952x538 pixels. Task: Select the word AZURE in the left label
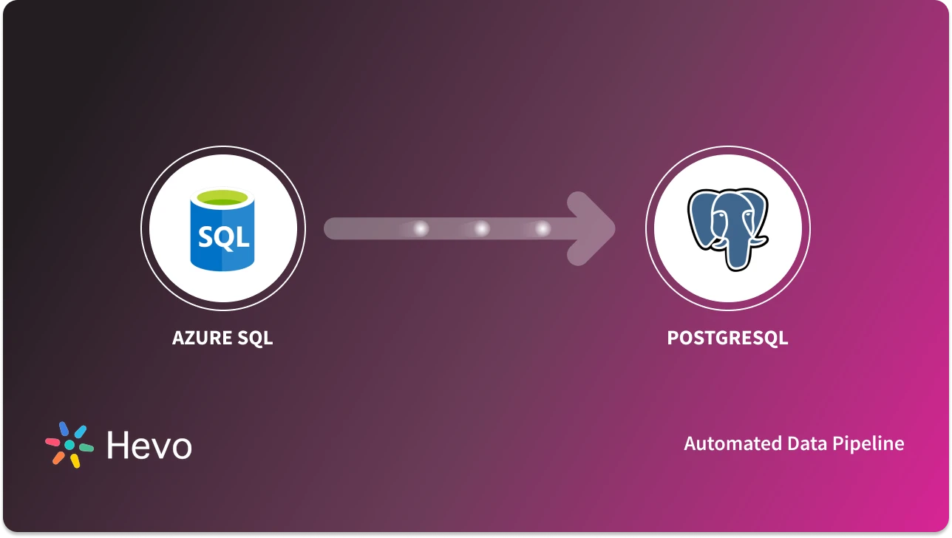click(x=202, y=338)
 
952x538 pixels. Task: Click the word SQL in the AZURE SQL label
click(x=255, y=338)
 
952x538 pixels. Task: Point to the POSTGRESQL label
click(x=727, y=338)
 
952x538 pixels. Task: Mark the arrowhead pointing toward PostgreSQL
click(x=595, y=228)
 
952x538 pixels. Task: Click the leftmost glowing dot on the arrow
click(x=421, y=229)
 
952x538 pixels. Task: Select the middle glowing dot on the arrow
click(x=482, y=229)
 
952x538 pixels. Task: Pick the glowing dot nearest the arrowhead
click(x=543, y=229)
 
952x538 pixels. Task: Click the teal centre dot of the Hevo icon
click(x=69, y=445)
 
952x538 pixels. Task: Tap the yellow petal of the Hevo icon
click(x=75, y=460)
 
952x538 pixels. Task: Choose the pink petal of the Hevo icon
click(x=52, y=442)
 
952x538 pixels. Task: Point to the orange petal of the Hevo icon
click(x=58, y=457)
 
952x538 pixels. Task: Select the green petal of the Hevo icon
click(x=86, y=448)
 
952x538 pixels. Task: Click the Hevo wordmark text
click(x=149, y=445)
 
